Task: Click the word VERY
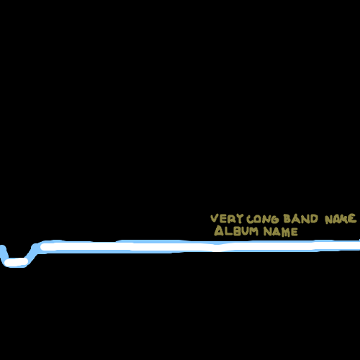pyautogui.click(x=227, y=219)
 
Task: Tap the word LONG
pyautogui.click(x=263, y=219)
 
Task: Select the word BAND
pyautogui.click(x=300, y=219)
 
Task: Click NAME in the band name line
pyautogui.click(x=341, y=219)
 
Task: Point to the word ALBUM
pyautogui.click(x=236, y=230)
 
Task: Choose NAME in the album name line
pyautogui.click(x=281, y=232)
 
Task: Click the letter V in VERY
pyautogui.click(x=215, y=219)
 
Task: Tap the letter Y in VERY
pyautogui.click(x=240, y=219)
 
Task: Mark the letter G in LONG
pyautogui.click(x=274, y=220)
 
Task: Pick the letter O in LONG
pyautogui.click(x=258, y=220)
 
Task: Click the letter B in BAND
pyautogui.click(x=287, y=219)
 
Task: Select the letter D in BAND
pyautogui.click(x=314, y=219)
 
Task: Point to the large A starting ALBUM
pyautogui.click(x=219, y=230)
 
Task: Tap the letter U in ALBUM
pyautogui.click(x=245, y=231)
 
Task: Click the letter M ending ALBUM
pyautogui.click(x=254, y=231)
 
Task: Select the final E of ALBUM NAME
pyautogui.click(x=294, y=232)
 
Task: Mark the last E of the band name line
pyautogui.click(x=353, y=219)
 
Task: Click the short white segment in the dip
pyautogui.click(x=16, y=262)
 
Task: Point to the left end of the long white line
pyautogui.click(x=41, y=246)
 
